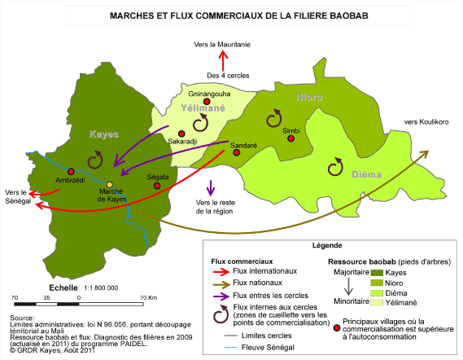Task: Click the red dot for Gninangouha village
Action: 207,102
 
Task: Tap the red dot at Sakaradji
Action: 181,134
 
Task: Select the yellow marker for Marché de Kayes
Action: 110,185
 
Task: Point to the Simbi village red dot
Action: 291,138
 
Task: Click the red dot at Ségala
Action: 157,186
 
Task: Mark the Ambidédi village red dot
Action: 71,171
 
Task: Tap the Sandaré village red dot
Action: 236,152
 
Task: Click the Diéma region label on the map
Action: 366,174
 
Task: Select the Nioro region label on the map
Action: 309,97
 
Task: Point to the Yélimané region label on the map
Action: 203,108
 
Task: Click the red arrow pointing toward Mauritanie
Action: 223,60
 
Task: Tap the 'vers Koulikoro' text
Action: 426,122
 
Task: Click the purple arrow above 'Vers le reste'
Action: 210,188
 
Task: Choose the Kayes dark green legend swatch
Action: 377,273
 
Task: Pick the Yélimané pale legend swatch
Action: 377,303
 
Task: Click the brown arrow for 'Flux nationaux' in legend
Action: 221,284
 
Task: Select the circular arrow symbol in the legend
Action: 221,314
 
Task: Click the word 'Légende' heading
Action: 327,245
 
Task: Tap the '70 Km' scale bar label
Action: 149,297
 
